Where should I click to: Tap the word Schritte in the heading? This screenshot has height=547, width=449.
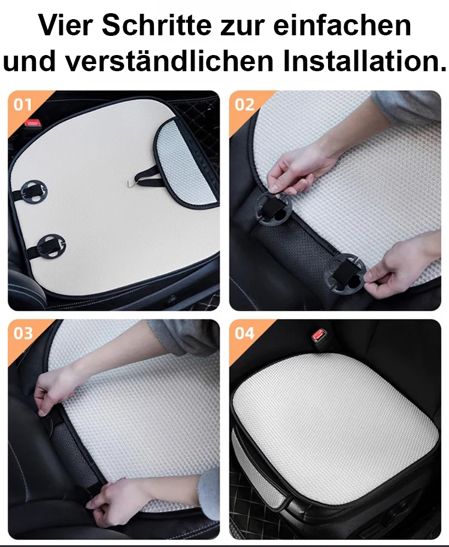[157, 25]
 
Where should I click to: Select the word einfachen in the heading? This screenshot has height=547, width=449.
[342, 25]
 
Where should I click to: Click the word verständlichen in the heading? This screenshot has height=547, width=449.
[169, 61]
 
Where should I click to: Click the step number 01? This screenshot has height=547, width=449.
[23, 105]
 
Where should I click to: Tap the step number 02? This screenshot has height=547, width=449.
[244, 105]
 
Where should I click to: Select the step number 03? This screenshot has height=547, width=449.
[23, 333]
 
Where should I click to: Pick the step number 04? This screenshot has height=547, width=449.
[245, 333]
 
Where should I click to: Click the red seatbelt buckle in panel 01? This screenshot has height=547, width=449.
[33, 123]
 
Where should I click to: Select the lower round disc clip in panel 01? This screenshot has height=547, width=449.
[51, 246]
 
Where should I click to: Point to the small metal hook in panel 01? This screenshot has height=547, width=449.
[131, 182]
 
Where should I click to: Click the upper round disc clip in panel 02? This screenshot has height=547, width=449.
[274, 209]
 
